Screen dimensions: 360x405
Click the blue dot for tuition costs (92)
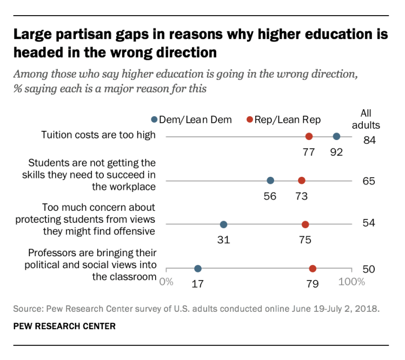click(336, 137)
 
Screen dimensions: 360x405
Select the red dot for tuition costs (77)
click(309, 137)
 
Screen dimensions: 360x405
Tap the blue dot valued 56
click(270, 181)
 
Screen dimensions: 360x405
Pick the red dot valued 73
click(302, 181)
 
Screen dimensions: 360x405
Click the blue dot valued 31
click(223, 224)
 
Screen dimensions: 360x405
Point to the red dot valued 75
click(305, 224)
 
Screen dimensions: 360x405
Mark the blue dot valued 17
click(198, 269)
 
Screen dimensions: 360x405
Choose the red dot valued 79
click(313, 269)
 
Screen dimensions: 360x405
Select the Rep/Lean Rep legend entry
click(283, 119)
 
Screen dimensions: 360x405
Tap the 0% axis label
click(167, 282)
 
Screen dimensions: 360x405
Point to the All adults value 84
click(369, 141)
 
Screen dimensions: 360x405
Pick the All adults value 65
click(369, 181)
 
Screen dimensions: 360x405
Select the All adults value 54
click(369, 223)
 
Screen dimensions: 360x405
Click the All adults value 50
click(369, 269)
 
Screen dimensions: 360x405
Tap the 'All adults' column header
click(370, 119)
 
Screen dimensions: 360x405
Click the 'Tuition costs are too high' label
click(98, 135)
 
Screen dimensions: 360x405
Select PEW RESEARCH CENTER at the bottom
click(65, 326)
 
